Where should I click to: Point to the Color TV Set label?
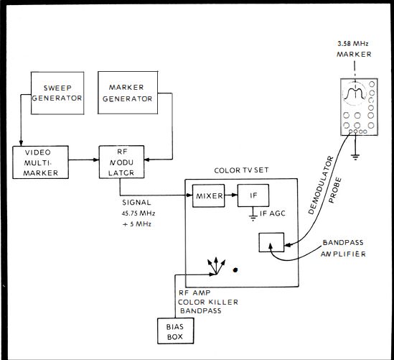(x=241, y=170)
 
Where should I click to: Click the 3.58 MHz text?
(x=353, y=44)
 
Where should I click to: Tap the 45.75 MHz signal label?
(x=139, y=213)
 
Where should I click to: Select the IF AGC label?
(x=273, y=213)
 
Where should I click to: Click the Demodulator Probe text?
(x=325, y=185)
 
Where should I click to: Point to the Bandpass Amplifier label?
(x=343, y=249)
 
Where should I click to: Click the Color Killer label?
(x=208, y=302)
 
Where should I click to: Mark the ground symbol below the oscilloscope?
(x=355, y=157)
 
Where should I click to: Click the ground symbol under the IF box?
(x=253, y=218)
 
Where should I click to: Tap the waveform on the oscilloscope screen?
(x=354, y=93)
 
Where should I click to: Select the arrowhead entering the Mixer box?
(x=189, y=195)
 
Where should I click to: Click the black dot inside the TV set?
(x=235, y=270)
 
